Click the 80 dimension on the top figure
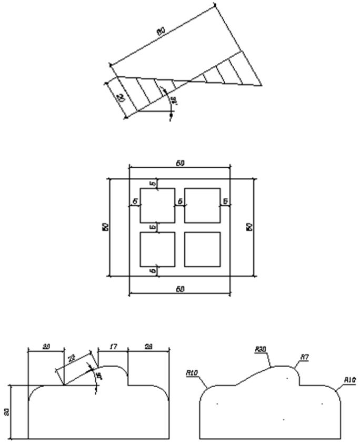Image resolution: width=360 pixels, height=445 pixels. [161, 31]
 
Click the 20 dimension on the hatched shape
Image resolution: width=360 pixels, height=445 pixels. [121, 98]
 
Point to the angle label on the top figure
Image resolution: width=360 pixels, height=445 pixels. [174, 100]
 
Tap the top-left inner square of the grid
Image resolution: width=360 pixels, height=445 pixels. [157, 205]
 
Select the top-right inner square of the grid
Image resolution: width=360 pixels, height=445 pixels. [202, 205]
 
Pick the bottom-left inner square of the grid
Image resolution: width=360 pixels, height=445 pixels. [157, 249]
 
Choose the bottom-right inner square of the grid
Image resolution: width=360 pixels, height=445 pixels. [202, 249]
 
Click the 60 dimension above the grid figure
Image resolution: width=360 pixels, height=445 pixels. [180, 164]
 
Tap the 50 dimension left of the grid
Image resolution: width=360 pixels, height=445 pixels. [105, 227]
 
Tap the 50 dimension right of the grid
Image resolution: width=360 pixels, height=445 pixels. [250, 227]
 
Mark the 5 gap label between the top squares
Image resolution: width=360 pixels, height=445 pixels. [179, 201]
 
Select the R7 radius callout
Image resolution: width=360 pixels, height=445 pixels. [304, 358]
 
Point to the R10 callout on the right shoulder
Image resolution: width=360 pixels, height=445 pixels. [349, 380]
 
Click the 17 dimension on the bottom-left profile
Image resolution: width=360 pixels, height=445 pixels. [113, 347]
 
